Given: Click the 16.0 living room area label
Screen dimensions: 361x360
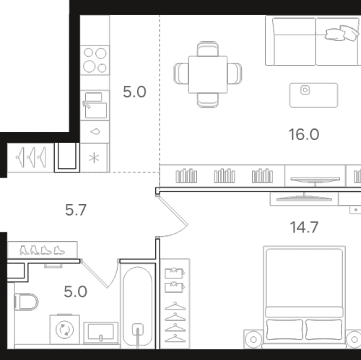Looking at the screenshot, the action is [304, 134].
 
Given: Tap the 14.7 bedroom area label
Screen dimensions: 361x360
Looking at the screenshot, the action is [304, 227].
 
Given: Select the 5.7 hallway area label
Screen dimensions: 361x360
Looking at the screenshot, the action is [76, 210].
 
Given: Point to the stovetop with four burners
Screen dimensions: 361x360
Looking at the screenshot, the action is [95, 60].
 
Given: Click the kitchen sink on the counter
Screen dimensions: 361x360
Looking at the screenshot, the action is [95, 105].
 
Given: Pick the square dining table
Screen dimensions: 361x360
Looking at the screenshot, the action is [208, 74].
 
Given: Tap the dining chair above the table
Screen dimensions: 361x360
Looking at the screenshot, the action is [208, 49].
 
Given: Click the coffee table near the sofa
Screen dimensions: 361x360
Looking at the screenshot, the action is [313, 95].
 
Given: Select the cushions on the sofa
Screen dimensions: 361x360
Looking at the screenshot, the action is [342, 33].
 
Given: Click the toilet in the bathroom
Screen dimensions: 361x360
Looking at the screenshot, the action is [26, 302].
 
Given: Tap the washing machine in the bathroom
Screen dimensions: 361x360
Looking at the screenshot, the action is [65, 329].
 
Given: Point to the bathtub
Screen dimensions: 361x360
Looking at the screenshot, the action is [138, 307].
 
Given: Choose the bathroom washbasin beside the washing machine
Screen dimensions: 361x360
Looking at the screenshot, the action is [101, 333].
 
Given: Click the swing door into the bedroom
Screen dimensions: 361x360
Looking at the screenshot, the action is [173, 215].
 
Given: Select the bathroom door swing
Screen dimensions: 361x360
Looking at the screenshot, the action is [100, 273].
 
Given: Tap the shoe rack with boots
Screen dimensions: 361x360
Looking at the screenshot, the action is [43, 250].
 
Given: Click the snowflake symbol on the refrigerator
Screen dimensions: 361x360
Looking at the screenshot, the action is [94, 158].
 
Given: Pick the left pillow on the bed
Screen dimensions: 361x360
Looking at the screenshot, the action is [284, 330].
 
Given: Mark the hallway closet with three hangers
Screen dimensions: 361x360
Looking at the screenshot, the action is [30, 157].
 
